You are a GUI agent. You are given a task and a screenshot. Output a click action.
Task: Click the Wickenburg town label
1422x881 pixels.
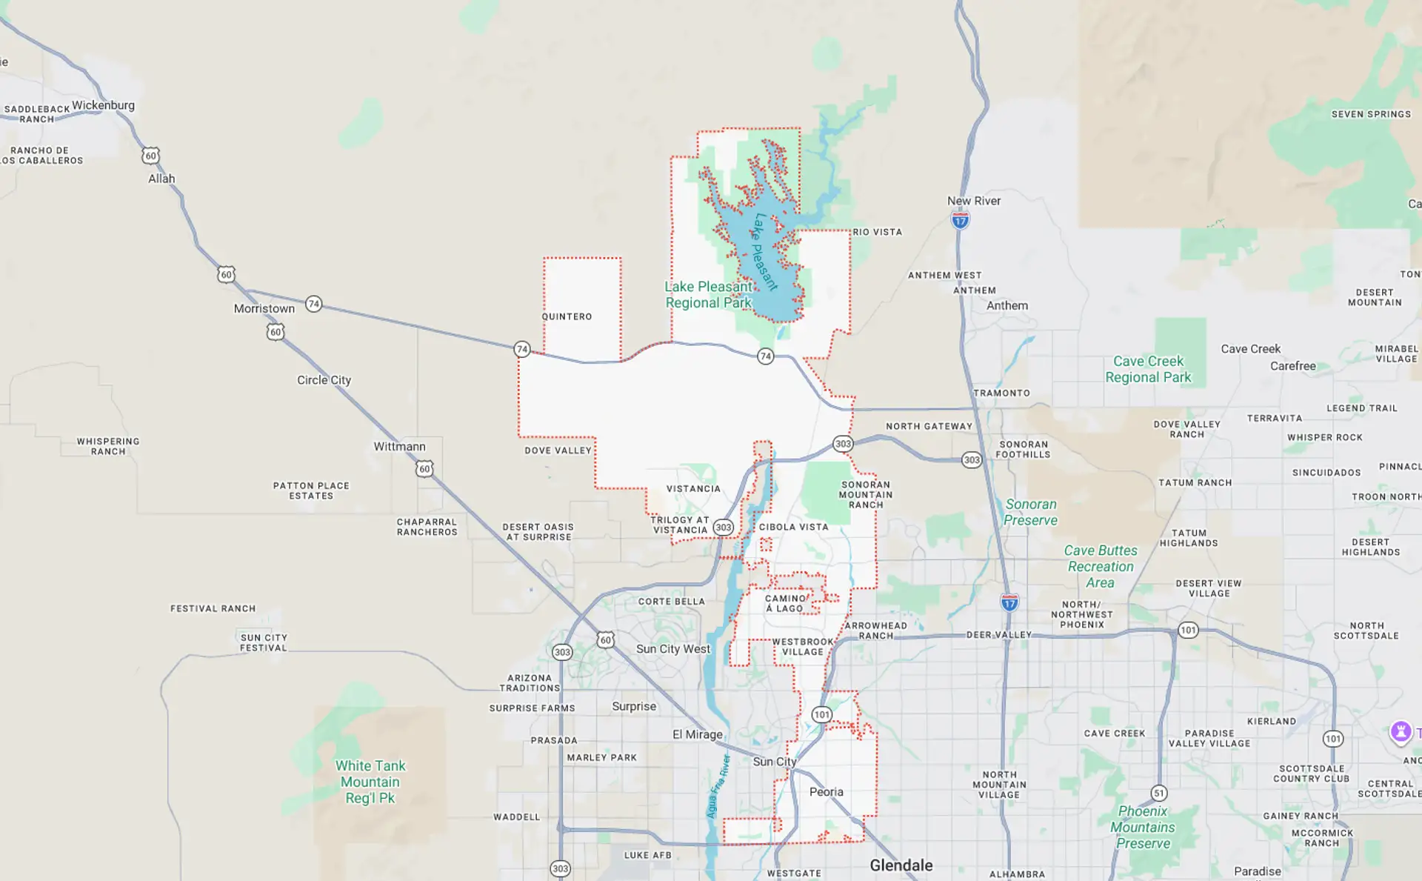(103, 105)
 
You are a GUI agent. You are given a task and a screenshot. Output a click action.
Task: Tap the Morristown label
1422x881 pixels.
(264, 308)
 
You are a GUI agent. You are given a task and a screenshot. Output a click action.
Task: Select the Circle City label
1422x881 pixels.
(324, 380)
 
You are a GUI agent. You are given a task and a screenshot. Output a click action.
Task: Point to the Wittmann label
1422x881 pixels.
(399, 446)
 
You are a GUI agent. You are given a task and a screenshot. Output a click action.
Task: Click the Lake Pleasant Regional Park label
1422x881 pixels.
(708, 295)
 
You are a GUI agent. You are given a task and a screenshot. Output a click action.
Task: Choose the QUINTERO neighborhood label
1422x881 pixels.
(567, 316)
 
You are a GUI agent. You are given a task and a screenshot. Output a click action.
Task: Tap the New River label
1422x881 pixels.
(973, 201)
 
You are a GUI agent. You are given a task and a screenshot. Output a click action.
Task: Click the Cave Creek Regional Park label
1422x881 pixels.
(1148, 369)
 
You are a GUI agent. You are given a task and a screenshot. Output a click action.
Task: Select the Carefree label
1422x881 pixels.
(1292, 366)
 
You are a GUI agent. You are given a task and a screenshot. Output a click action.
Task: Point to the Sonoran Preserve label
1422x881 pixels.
(1030, 512)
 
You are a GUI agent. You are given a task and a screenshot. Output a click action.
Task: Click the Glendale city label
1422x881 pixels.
(901, 865)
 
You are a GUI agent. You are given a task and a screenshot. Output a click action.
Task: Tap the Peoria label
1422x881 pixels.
(826, 792)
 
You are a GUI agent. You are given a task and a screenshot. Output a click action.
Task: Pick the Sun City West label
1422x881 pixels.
(672, 649)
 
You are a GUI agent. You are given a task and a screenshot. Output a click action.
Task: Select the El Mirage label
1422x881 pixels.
(697, 734)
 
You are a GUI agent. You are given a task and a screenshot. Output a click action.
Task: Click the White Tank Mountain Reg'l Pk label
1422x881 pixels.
(370, 782)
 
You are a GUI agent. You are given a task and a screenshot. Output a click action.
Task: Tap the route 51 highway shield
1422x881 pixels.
(1159, 793)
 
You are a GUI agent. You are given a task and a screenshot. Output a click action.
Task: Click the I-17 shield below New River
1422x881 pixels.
(961, 220)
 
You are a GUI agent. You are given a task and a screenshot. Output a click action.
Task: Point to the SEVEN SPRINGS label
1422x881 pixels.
(1371, 114)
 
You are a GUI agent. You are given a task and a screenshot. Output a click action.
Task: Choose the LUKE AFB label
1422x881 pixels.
(647, 855)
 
